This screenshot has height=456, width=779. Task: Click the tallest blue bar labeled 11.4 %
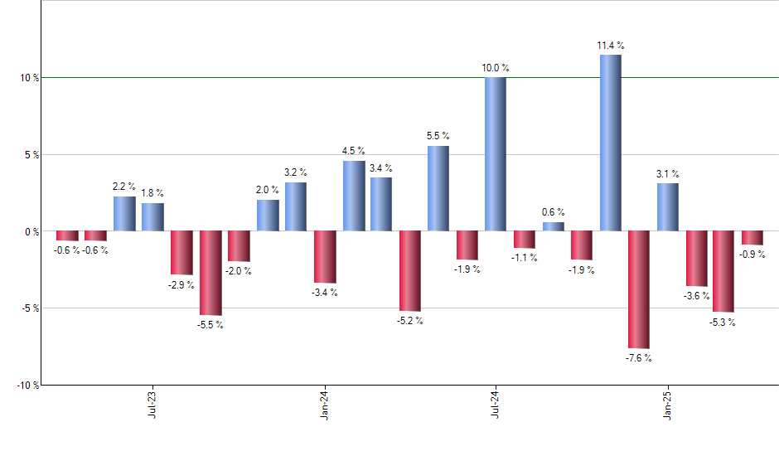(x=610, y=143)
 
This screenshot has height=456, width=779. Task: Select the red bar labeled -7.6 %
(x=639, y=289)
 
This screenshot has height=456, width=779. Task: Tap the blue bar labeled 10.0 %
(x=496, y=154)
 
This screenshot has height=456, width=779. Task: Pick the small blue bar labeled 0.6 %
(x=553, y=226)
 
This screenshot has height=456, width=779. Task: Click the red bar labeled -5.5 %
(x=210, y=273)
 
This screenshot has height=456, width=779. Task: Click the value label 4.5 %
(x=353, y=151)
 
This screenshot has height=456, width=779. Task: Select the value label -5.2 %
(x=410, y=321)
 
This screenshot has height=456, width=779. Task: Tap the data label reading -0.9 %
(x=752, y=255)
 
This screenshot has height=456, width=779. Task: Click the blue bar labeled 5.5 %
(x=438, y=188)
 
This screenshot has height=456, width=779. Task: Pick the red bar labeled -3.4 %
(x=325, y=257)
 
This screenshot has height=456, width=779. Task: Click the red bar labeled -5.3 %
(x=723, y=271)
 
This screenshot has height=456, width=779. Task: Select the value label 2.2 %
(x=124, y=187)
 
